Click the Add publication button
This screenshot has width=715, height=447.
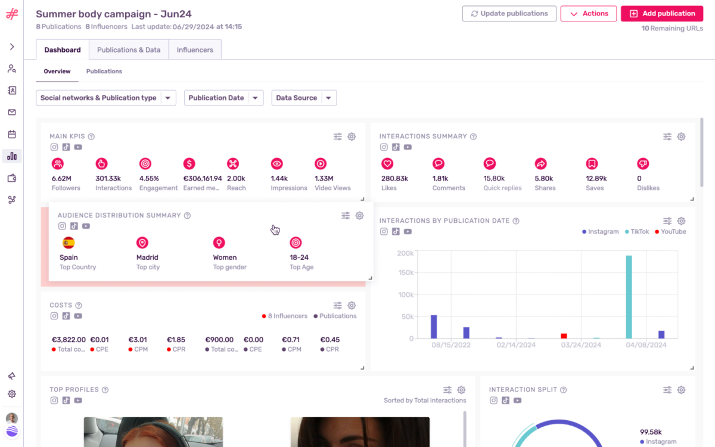661,14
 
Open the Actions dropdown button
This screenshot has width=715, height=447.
588,14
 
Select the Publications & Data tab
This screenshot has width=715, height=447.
129,50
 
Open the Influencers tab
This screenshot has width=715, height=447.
195,50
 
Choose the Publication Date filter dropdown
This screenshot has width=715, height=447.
223,98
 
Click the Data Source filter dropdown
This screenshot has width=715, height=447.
304,98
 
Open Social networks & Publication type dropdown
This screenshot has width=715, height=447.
105,98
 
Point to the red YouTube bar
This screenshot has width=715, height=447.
564,336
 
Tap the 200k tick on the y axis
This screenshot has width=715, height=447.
405,253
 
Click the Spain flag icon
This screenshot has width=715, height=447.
69,243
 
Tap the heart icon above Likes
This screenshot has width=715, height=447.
387,163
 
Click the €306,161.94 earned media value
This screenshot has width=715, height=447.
203,178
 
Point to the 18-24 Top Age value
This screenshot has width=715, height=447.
299,257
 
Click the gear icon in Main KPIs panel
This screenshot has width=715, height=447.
352,136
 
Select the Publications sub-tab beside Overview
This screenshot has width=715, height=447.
104,72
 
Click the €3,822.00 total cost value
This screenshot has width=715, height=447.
69,340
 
